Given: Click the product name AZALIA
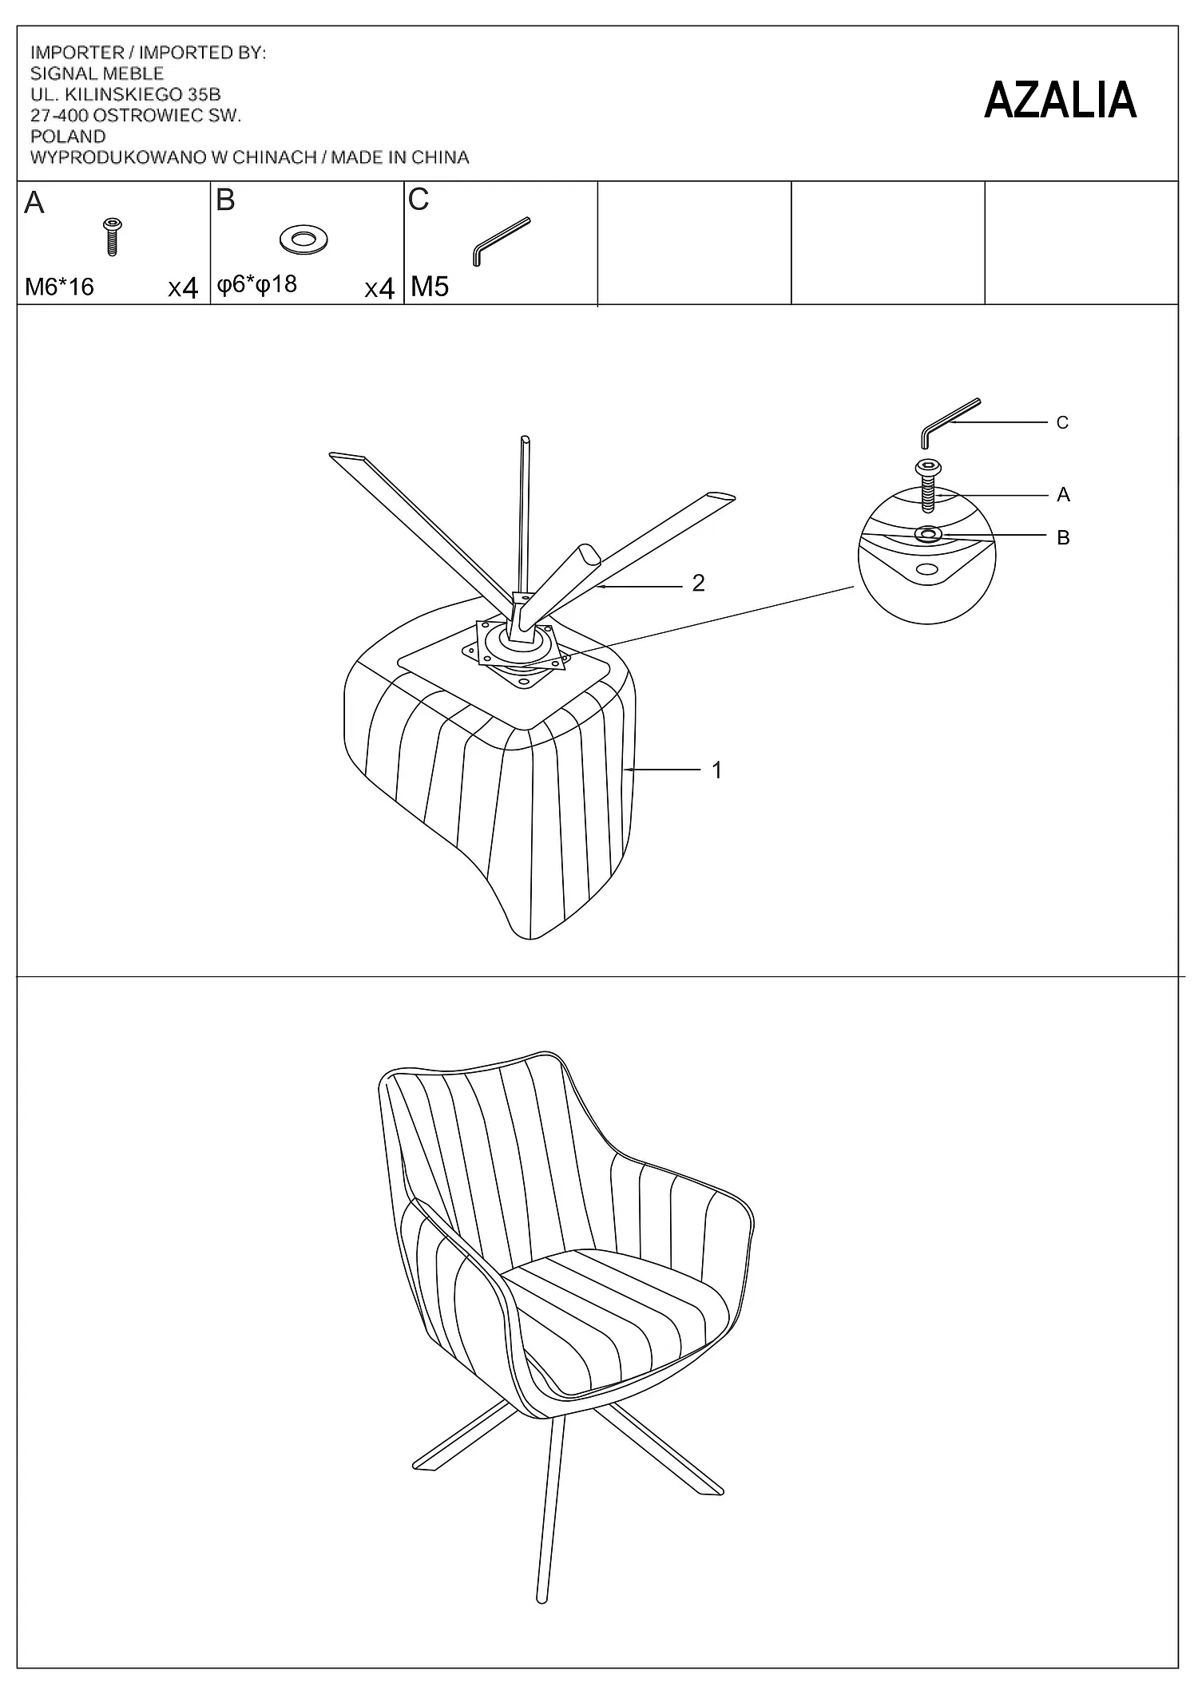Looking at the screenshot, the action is (1060, 101).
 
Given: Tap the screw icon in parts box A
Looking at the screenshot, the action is (112, 236).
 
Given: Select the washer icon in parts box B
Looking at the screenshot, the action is (303, 239).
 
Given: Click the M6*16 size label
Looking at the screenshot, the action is (60, 287).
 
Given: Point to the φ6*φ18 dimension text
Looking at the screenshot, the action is (257, 285).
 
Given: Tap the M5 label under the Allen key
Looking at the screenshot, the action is (430, 287).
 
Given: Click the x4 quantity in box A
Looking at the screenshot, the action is (183, 287).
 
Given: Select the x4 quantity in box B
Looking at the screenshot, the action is (379, 288).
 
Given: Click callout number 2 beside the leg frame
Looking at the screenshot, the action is (699, 584).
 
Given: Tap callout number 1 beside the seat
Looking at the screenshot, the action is (717, 770).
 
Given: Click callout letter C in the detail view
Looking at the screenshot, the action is (1062, 423).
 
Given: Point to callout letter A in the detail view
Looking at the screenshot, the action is (1063, 495).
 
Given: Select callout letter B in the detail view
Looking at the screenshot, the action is (1063, 538).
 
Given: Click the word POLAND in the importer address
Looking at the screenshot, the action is (68, 137).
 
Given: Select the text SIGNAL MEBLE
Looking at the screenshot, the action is (97, 73).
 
